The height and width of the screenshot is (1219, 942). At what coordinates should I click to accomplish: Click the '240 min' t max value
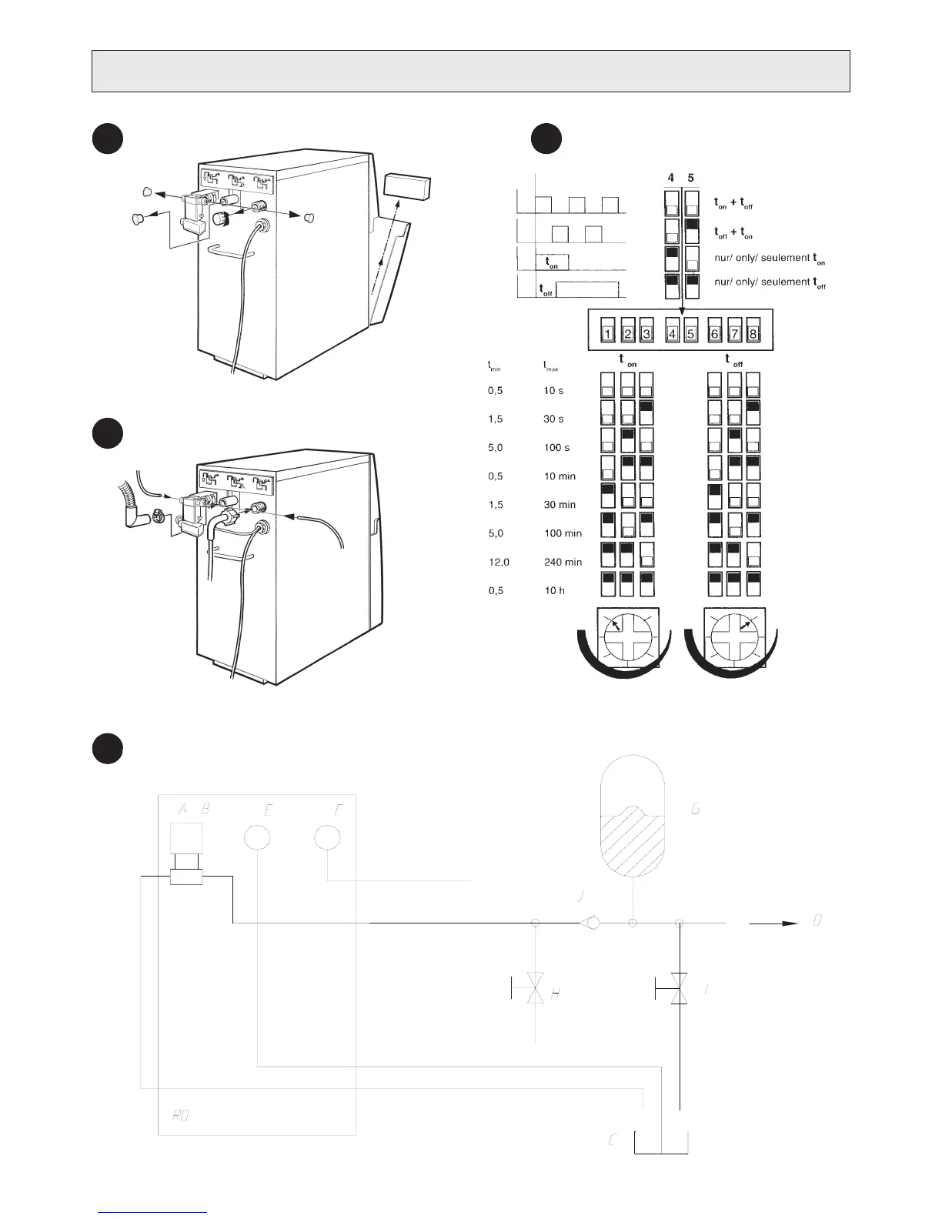[x=563, y=562]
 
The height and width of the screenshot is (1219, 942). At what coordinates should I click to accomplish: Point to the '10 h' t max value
[x=554, y=590]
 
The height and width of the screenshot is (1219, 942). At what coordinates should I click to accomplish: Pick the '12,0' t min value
[x=499, y=562]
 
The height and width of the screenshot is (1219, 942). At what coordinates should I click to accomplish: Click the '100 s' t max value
[x=556, y=447]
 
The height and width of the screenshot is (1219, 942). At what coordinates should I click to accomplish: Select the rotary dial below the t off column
[x=733, y=636]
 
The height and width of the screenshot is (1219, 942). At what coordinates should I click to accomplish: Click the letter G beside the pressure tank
[x=696, y=810]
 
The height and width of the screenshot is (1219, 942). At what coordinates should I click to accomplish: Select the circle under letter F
[x=328, y=837]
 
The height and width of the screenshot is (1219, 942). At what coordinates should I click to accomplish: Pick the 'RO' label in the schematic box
[x=180, y=1115]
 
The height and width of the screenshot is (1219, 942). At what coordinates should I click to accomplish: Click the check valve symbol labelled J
[x=590, y=922]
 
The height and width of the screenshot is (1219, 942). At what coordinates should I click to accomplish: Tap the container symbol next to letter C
[x=660, y=1142]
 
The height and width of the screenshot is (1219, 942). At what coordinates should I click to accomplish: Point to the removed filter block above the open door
[x=406, y=186]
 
